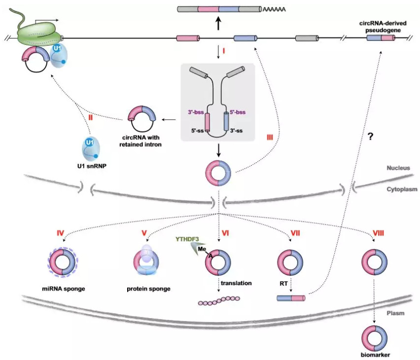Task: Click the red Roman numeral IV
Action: coord(60,233)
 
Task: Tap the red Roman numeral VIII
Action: coord(378,233)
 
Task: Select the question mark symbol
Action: coord(370,137)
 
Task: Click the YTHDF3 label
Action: coord(187,239)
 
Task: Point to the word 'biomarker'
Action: coord(375,355)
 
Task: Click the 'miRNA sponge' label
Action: coord(64,289)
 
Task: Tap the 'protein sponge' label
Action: coord(149,289)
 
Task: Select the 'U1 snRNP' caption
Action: coord(92,166)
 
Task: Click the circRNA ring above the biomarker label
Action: coord(375,338)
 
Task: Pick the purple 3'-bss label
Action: coord(196,112)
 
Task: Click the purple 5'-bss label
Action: coord(238,112)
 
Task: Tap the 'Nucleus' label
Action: coord(398,168)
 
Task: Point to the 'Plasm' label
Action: coord(396,313)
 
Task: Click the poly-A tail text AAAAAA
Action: coord(274,10)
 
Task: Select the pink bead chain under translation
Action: coord(219,300)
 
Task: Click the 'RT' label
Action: coord(283,284)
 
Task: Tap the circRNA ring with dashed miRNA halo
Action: coord(63,262)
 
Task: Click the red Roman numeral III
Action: coord(270,137)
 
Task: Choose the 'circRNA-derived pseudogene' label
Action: coord(383,27)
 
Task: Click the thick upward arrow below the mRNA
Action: coord(218,23)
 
